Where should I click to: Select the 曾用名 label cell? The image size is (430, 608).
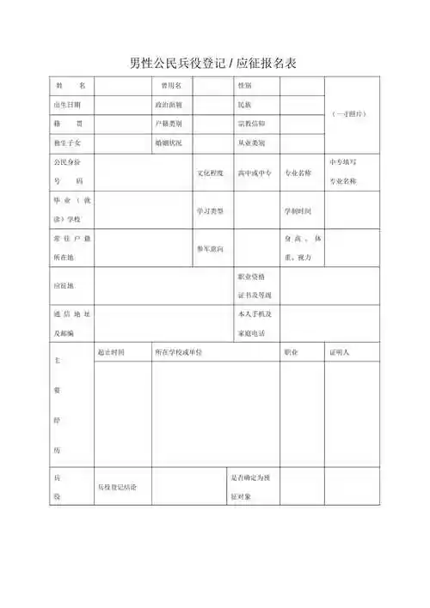[x=167, y=86]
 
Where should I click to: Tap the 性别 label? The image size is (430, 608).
[x=245, y=86]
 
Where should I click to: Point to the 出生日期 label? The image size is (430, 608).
[x=66, y=105]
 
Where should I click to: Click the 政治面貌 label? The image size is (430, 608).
[x=168, y=105]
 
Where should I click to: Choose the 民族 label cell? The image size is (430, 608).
[x=245, y=105]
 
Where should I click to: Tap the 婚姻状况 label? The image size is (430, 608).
[x=168, y=142]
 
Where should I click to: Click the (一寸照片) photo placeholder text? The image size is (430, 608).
[x=351, y=113]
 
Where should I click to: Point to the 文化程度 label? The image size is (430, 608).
[x=211, y=173]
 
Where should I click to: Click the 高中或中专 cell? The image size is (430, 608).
[x=255, y=173]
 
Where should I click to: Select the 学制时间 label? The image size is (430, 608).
[x=297, y=210]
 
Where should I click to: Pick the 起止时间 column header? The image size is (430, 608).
[x=111, y=352]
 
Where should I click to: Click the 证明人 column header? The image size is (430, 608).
[x=339, y=352]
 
